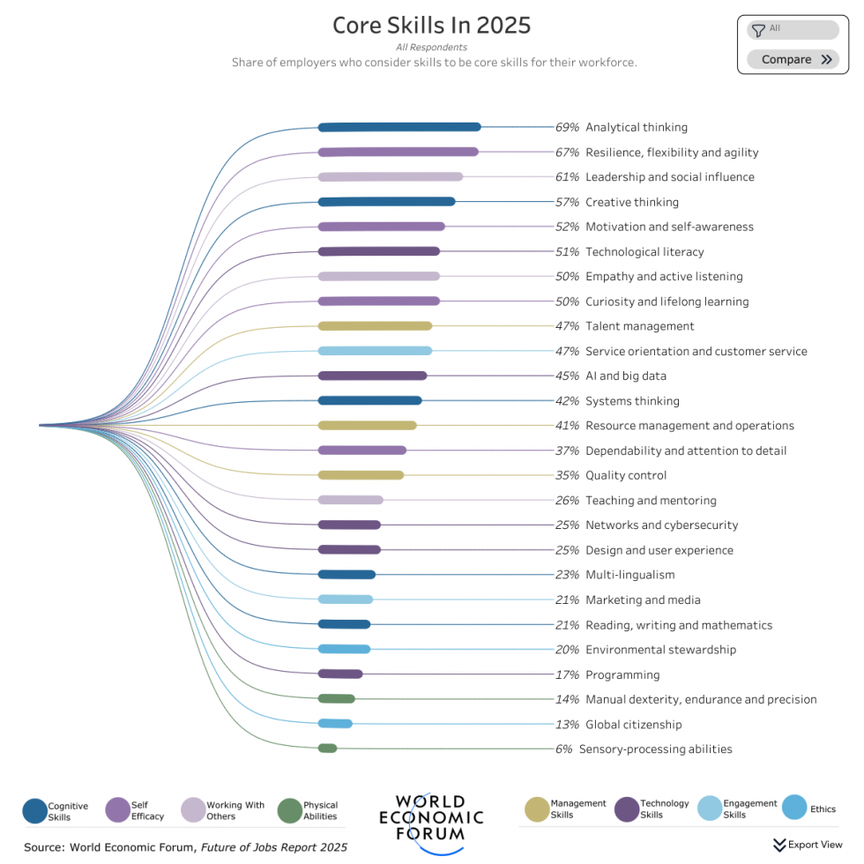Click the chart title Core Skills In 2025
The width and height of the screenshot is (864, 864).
click(431, 25)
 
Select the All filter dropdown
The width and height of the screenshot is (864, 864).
click(793, 30)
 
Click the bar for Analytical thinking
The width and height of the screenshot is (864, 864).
click(398, 127)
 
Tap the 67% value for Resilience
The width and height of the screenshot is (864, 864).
click(567, 153)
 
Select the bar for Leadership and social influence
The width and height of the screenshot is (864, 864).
click(390, 177)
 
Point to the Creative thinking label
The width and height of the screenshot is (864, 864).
click(631, 202)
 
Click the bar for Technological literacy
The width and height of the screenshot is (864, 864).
click(378, 251)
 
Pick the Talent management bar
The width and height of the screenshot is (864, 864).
click(375, 326)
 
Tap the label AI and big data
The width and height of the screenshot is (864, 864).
click(625, 376)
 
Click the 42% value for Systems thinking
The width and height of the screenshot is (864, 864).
click(567, 401)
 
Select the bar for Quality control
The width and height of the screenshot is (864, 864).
click(361, 475)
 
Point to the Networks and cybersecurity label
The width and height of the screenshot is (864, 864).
click(661, 525)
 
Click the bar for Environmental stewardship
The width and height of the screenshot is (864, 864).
click(344, 650)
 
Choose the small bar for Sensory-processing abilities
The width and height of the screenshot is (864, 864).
click(327, 749)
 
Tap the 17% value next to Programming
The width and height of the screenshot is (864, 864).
click(567, 675)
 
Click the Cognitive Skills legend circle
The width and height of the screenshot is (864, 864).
click(34, 810)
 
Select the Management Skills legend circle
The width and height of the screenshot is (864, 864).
click(537, 808)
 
